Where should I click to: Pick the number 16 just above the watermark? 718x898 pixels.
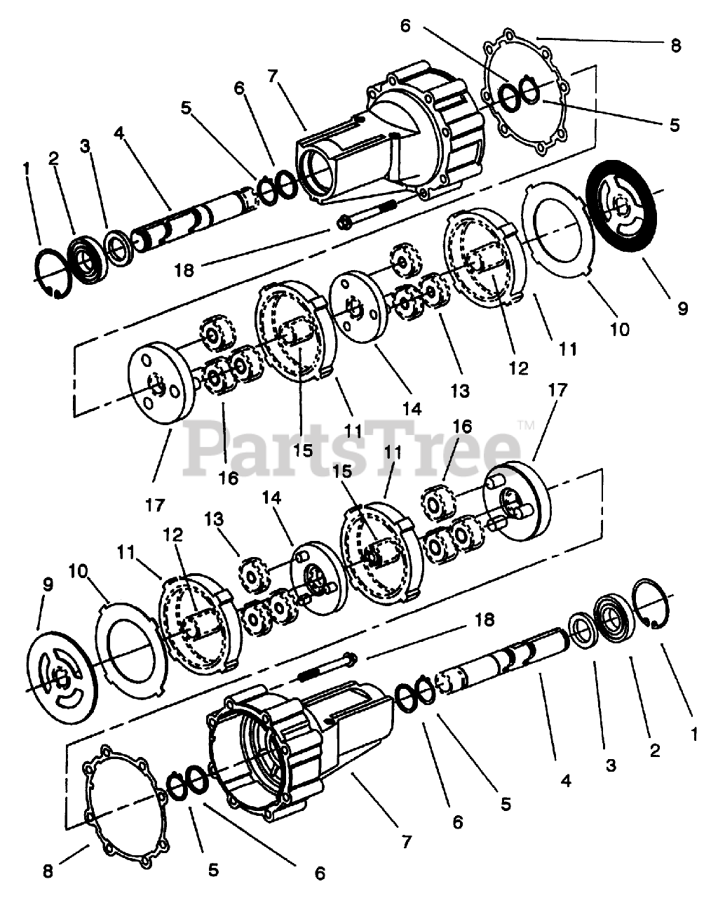[462, 426]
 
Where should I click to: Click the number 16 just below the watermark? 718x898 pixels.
[229, 478]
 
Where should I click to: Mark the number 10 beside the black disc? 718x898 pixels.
[620, 328]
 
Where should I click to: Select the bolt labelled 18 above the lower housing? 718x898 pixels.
[330, 666]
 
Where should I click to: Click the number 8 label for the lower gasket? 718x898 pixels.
[48, 871]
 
